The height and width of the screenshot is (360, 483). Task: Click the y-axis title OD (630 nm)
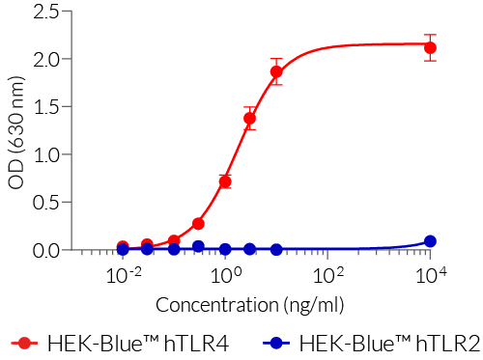coord(16,131)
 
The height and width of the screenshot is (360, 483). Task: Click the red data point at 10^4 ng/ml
coord(430,47)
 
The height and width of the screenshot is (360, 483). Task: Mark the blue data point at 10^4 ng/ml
coord(430,241)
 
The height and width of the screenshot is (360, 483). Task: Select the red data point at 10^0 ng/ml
coord(225,181)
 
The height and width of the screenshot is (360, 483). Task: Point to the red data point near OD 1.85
coord(276,71)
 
